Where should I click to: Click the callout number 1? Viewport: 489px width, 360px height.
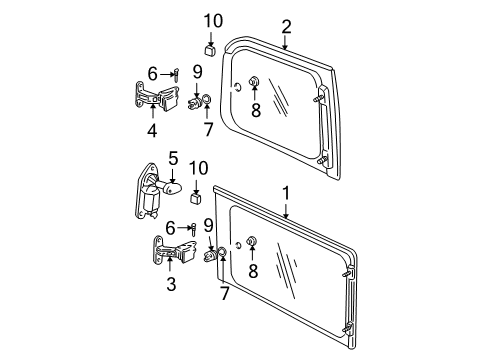click(x=286, y=190)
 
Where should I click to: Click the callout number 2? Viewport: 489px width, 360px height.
click(x=286, y=26)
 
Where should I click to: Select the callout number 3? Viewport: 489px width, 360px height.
click(x=172, y=285)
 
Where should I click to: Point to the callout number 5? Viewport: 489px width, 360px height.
click(x=172, y=157)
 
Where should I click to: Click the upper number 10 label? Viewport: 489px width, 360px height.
click(x=209, y=21)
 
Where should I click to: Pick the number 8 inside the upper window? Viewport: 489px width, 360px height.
click(x=255, y=111)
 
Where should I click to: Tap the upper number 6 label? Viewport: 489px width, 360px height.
click(x=153, y=72)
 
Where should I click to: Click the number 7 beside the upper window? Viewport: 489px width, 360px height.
click(x=207, y=130)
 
